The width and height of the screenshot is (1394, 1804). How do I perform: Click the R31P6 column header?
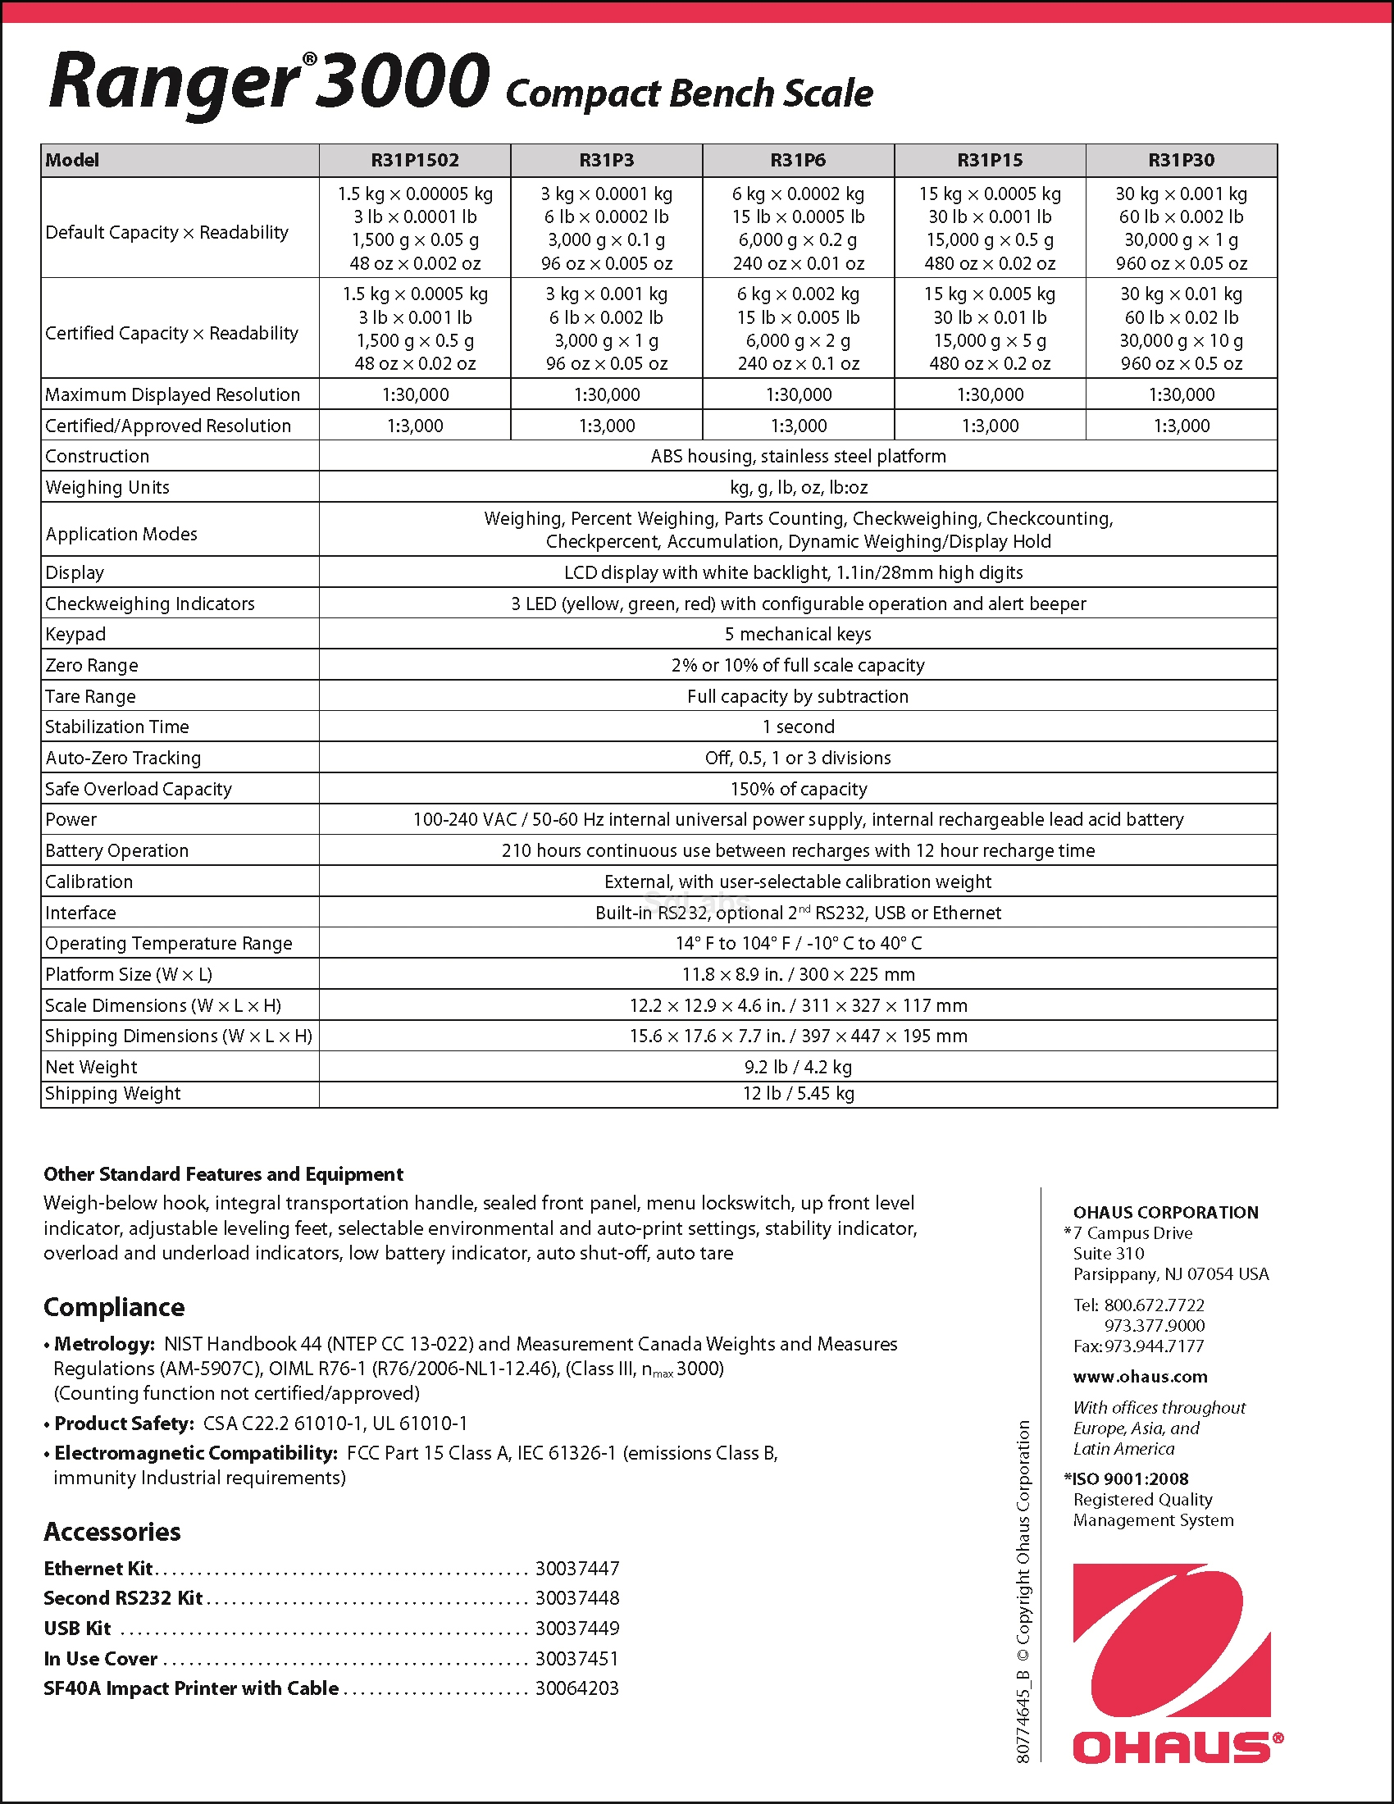click(x=798, y=160)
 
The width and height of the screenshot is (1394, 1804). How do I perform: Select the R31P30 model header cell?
click(x=1181, y=160)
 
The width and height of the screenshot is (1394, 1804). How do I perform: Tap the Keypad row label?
click(x=76, y=635)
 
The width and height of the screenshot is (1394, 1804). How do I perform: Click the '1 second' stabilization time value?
click(x=798, y=727)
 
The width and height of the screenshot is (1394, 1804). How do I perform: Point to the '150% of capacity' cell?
click(x=798, y=789)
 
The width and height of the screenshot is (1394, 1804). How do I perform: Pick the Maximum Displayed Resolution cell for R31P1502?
click(x=416, y=395)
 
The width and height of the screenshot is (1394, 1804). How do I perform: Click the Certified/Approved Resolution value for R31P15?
click(x=990, y=426)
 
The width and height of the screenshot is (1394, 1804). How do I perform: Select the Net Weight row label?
click(x=92, y=1067)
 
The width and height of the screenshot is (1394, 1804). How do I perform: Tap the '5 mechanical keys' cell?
click(x=798, y=635)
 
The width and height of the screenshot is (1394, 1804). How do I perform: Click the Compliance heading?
click(x=114, y=1308)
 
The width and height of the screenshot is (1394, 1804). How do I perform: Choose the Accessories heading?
click(x=112, y=1533)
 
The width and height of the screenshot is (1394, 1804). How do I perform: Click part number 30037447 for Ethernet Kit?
click(x=577, y=1569)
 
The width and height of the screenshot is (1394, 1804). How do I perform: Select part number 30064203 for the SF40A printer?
click(x=577, y=1688)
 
